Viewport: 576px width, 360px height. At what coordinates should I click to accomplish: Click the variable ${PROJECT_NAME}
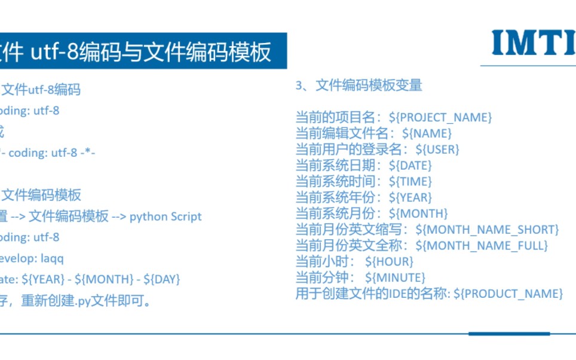(440, 117)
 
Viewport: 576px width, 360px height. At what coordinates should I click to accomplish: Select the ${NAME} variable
(427, 133)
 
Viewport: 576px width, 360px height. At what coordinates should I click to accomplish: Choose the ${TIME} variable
(410, 181)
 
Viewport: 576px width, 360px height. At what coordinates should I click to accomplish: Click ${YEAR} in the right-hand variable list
(410, 197)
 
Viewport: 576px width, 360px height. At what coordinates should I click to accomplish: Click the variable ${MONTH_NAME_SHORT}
(487, 230)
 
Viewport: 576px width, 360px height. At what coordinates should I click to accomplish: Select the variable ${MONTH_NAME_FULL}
(482, 245)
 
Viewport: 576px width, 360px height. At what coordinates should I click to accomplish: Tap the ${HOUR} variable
(389, 261)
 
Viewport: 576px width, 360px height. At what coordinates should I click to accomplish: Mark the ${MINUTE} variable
(395, 277)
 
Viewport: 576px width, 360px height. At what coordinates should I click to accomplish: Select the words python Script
(166, 216)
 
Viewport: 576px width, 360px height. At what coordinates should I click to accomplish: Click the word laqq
(52, 258)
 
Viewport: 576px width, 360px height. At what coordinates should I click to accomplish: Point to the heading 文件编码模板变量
(369, 86)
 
